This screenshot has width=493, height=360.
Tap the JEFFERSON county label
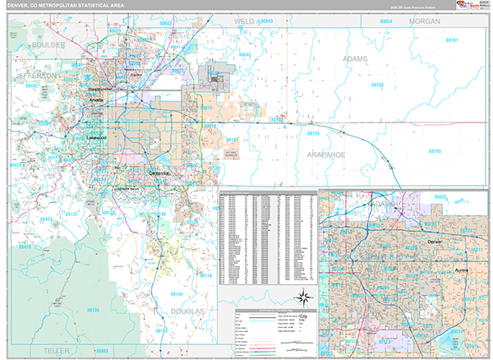point(35,75)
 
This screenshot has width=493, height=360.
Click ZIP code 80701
point(450,39)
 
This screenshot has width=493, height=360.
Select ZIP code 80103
point(376,85)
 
